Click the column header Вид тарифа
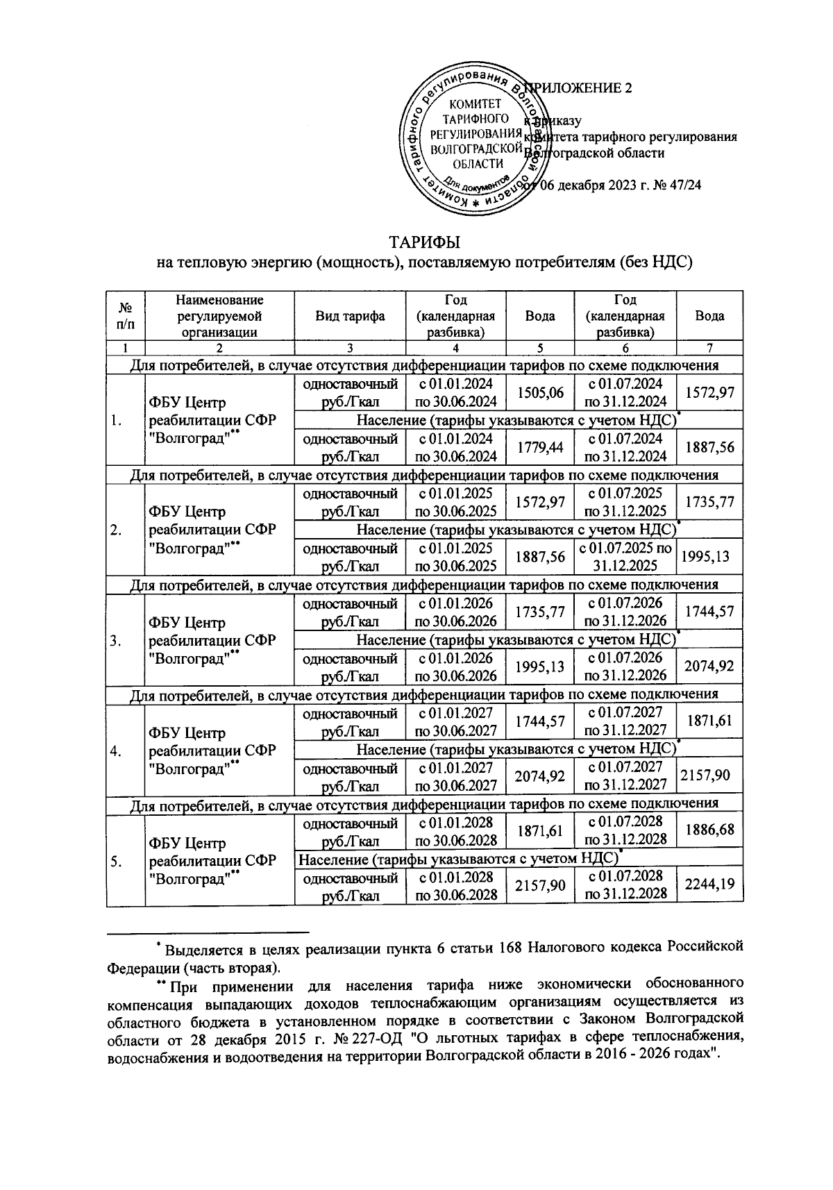click(350, 316)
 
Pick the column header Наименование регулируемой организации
click(219, 316)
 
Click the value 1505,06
click(540, 394)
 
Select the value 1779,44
click(540, 448)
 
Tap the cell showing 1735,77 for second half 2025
click(709, 502)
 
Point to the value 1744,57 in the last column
click(709, 612)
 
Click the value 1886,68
click(709, 830)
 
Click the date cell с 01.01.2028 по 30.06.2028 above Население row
click(455, 830)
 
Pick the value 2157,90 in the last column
click(709, 775)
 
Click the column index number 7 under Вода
click(709, 349)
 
